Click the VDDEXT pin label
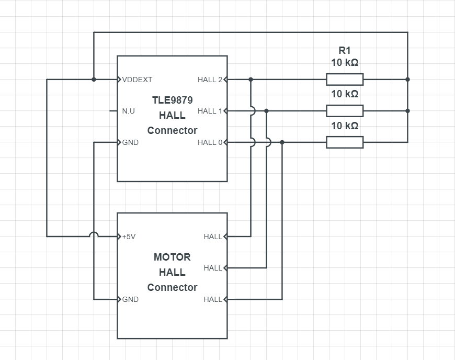tap(137, 80)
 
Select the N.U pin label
tap(128, 111)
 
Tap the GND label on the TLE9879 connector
tap(130, 142)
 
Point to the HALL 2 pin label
tap(210, 80)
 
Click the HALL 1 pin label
tap(210, 111)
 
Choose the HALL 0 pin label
tap(210, 142)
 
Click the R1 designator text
tap(345, 51)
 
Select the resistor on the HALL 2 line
tap(345, 80)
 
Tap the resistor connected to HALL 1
tap(345, 111)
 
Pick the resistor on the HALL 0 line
tap(345, 142)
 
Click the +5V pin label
tap(129, 237)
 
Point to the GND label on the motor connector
tap(130, 299)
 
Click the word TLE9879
tap(172, 100)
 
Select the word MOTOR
tap(172, 257)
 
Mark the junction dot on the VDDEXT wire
tap(94, 80)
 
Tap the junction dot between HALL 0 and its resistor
tap(282, 142)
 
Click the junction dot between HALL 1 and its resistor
tap(266, 111)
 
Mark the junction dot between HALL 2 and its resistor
tap(251, 80)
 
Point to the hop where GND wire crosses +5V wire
tap(94, 236)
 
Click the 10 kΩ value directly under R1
tap(345, 63)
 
